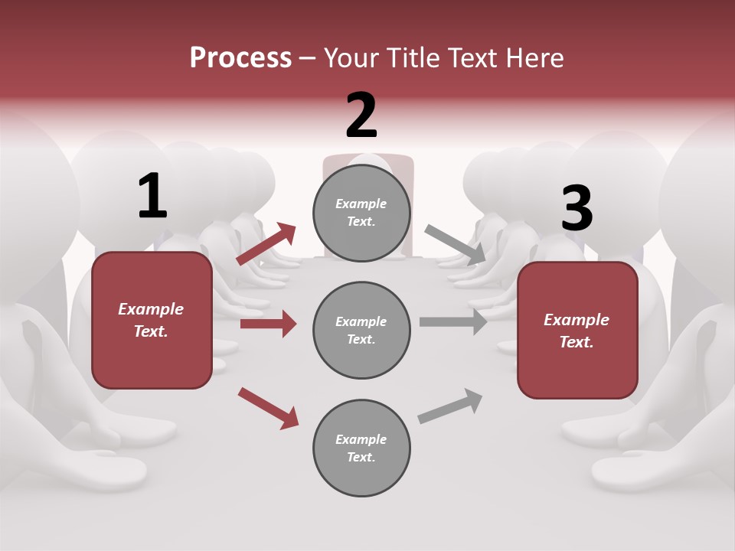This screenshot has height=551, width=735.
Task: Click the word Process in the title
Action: pos(240,58)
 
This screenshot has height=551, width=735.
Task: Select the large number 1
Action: pos(152,197)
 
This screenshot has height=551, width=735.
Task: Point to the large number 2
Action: pos(361,116)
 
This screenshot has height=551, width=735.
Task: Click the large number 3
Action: pos(577,209)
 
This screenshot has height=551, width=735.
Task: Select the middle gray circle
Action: pos(361,330)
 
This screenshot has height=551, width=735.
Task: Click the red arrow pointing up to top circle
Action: pos(266,244)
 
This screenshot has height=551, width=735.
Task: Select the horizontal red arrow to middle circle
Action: pos(268,324)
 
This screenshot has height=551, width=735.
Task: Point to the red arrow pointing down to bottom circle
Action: pos(268,408)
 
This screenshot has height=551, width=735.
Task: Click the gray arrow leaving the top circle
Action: pos(456,244)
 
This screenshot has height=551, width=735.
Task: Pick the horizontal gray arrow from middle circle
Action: pos(453,321)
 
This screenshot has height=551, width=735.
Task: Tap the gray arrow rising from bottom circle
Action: pos(450,406)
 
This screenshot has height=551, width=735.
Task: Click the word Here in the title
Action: pos(535,58)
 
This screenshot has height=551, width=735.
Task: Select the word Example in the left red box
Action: pos(151,309)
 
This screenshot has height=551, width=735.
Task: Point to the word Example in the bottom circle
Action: pos(361,439)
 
